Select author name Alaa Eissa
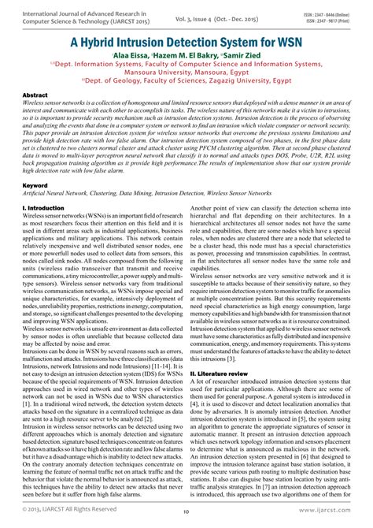115,56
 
